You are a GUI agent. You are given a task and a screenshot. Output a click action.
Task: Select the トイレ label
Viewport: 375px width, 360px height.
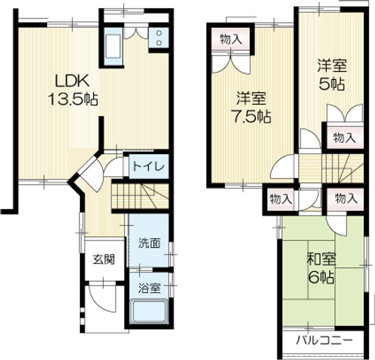coord(148,167)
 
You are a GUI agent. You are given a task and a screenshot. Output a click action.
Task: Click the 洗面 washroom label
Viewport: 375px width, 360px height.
coord(148,243)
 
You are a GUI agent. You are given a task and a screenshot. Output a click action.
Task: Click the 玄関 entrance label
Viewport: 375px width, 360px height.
coord(104,259)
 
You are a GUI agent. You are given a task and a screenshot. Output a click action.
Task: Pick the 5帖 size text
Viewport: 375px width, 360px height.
coord(332,83)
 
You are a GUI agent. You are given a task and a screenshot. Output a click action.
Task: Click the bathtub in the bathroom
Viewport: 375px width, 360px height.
coord(148,314)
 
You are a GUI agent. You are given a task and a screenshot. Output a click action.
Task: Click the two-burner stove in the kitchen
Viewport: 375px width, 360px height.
coord(158,37)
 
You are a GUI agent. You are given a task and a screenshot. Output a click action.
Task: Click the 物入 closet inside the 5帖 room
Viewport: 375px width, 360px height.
coord(344,138)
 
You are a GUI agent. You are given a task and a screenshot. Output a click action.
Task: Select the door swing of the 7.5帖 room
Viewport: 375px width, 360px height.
coord(284,168)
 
